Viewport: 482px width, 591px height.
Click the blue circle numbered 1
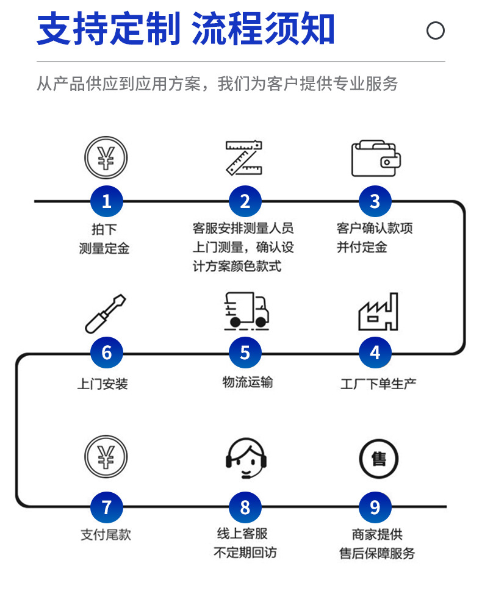107,201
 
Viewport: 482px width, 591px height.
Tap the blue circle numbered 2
245,201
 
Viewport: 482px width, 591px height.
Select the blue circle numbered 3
375,201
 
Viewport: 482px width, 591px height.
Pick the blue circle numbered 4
375,353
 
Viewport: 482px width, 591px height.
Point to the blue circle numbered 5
245,353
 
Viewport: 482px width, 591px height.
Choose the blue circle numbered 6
107,353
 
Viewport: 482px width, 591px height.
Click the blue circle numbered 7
107,507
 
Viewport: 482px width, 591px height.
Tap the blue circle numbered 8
245,507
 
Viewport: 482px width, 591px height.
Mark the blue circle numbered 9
375,507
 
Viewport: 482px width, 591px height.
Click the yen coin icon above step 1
106,157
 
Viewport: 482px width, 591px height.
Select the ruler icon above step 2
244,157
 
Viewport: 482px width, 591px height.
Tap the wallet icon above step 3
375,159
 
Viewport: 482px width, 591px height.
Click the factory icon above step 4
378,312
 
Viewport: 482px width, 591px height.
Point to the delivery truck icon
245,310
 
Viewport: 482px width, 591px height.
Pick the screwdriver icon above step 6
106,313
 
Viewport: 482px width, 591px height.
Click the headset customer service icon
246,459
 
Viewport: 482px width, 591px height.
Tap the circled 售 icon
378,459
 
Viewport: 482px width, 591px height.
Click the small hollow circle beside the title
435,30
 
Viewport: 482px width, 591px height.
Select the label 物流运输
247,382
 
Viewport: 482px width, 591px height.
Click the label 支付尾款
106,535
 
